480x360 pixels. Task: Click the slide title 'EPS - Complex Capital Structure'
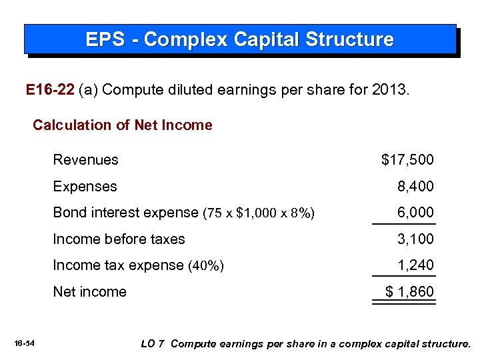pos(239,39)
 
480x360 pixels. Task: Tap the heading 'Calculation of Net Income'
pos(123,125)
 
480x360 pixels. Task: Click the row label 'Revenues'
pos(85,160)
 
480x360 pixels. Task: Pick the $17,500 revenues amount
pos(407,160)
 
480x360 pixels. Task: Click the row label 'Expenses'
pos(85,187)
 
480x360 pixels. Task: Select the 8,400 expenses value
pos(415,187)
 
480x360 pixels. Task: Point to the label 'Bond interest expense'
pos(125,213)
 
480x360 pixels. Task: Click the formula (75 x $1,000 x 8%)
pos(259,213)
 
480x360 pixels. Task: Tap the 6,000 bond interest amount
pos(415,213)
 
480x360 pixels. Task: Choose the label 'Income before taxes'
pos(119,239)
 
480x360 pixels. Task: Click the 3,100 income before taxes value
pos(415,239)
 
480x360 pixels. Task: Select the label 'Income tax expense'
pos(117,265)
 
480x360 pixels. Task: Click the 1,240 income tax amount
pos(415,265)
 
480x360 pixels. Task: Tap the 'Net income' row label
pos(89,292)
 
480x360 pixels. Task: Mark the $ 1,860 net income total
pos(410,292)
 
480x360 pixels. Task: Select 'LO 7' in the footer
pos(153,344)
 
